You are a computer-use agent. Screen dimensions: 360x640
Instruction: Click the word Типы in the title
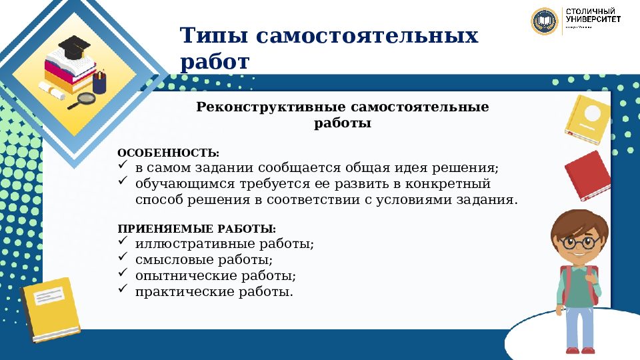point(211,35)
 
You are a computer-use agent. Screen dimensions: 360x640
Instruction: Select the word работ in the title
point(214,62)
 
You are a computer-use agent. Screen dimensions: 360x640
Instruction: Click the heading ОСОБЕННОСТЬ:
point(168,153)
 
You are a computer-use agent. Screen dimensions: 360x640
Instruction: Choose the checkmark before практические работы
point(122,289)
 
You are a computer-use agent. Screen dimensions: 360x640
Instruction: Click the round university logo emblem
point(545,21)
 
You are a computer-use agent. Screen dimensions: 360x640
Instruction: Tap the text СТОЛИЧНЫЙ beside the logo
point(590,13)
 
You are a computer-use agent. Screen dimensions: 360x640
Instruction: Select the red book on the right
point(587,175)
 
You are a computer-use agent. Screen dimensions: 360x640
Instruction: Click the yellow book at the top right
point(587,119)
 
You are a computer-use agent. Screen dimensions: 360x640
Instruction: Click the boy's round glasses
point(578,242)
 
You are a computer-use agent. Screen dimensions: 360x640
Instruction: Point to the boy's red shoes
point(579,350)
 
